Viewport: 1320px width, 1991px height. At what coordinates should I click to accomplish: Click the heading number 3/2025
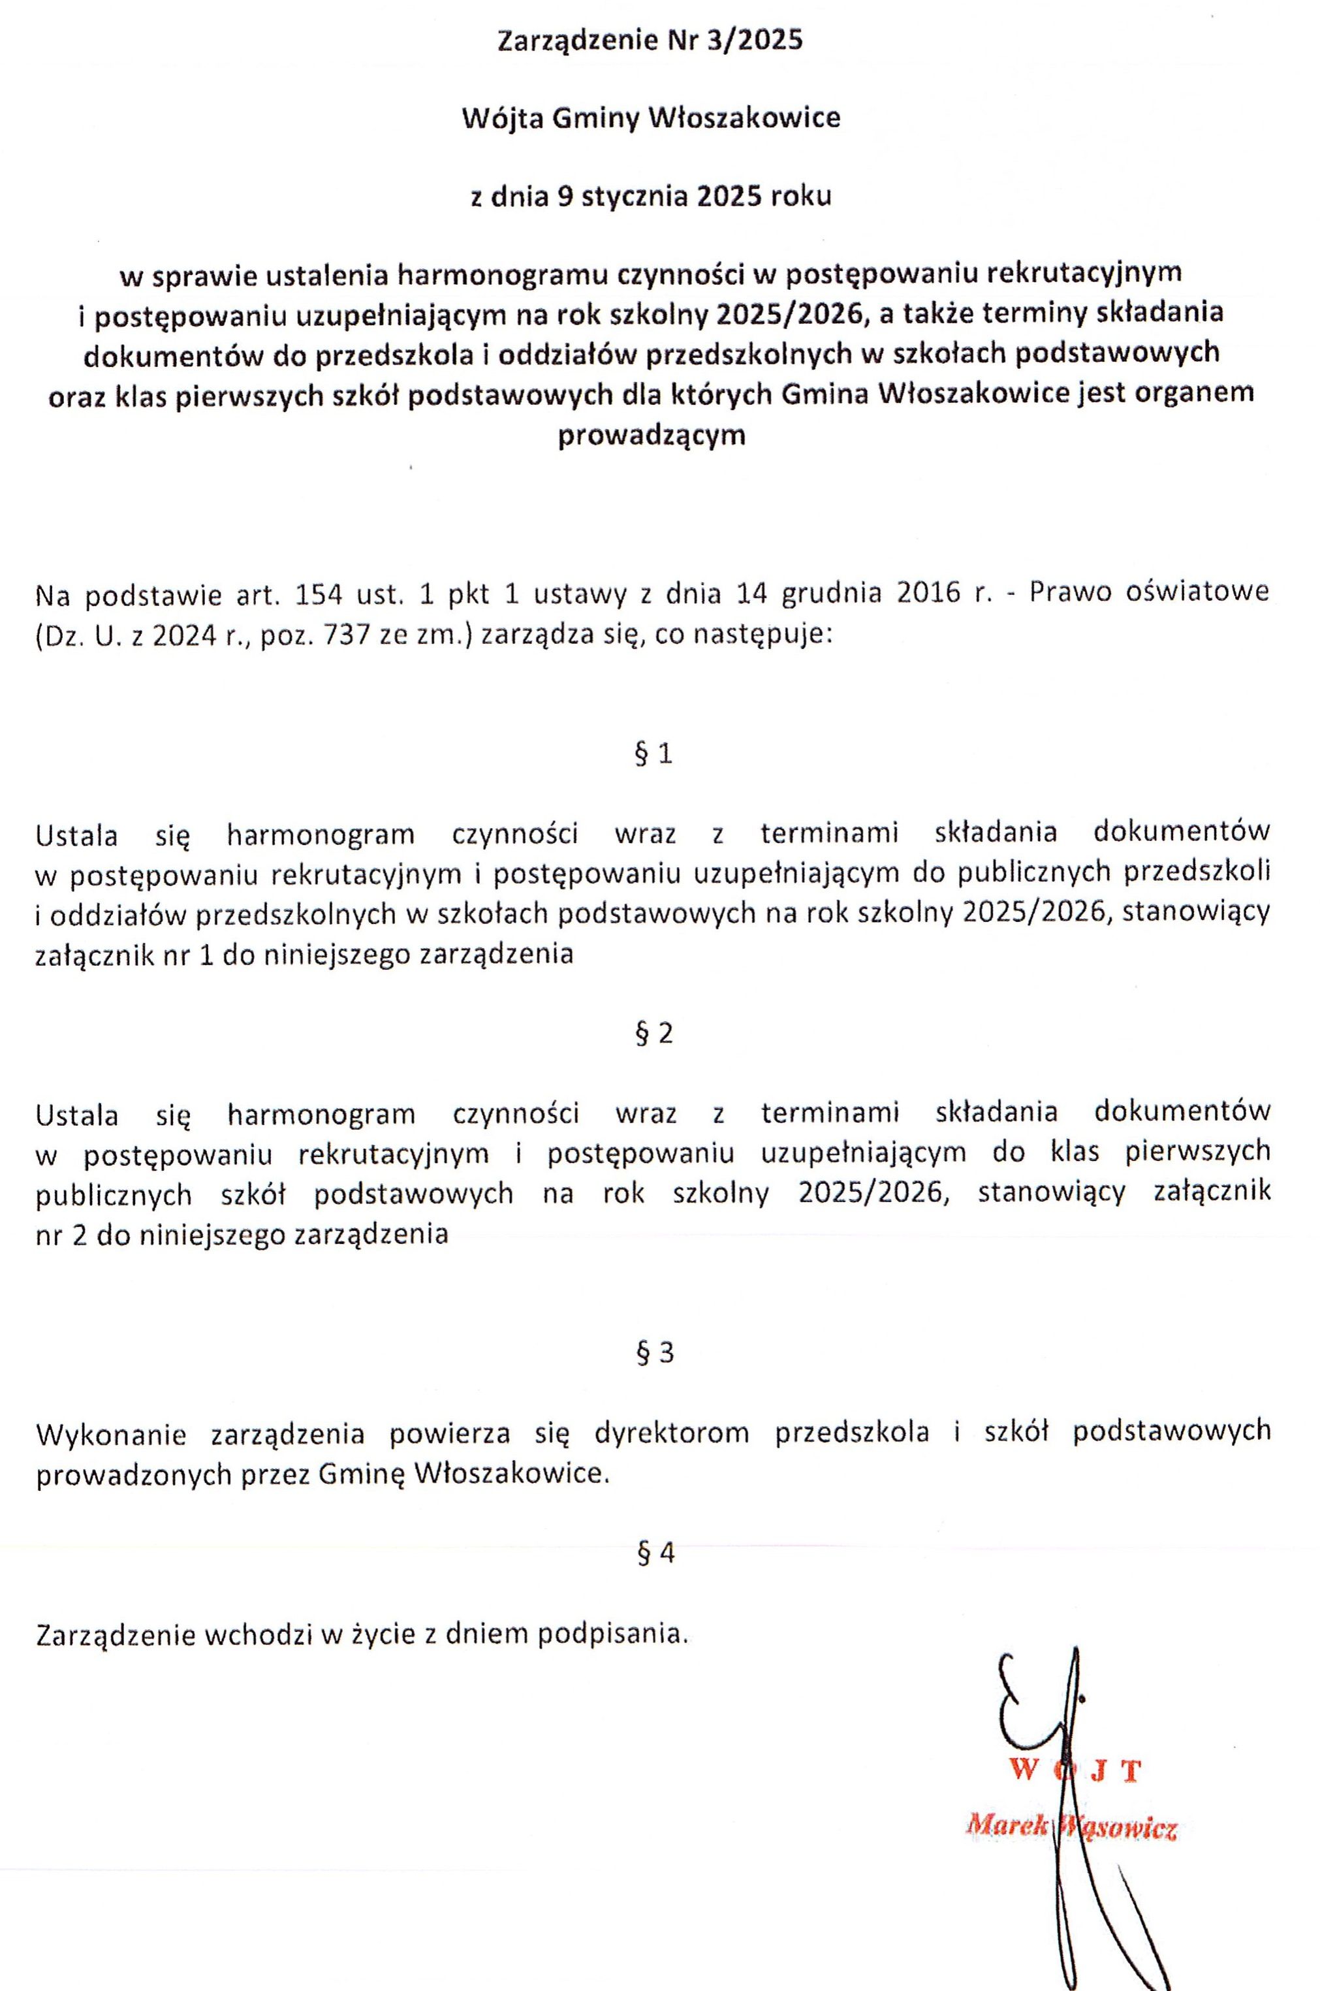[756, 40]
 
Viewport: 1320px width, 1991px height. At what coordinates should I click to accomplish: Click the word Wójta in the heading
[500, 118]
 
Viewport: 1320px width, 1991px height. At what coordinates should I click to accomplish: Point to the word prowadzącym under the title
[652, 436]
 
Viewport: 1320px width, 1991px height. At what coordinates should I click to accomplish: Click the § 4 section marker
[655, 1553]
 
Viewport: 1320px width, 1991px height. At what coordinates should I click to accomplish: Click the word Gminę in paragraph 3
[362, 1474]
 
